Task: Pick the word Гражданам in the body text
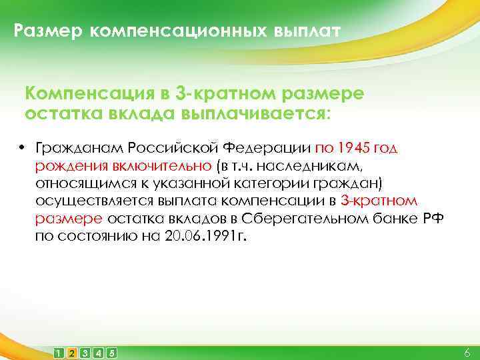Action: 79,147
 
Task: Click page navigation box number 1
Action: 59,352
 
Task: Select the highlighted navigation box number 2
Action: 72,352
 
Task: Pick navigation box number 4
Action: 98,352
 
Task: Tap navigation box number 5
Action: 111,352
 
